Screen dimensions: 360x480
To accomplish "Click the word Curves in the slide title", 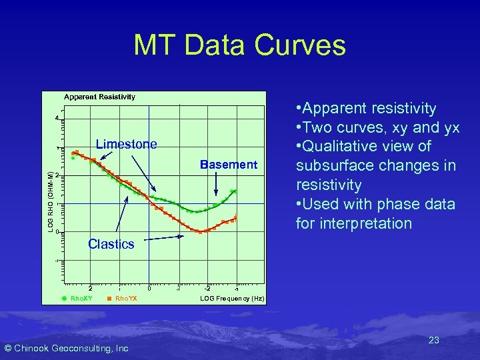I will click(x=299, y=45).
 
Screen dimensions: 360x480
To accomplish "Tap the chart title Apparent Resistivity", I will click(x=100, y=97).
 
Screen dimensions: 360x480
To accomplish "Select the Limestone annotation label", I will click(x=127, y=144).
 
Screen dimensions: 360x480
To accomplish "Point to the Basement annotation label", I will click(x=229, y=165).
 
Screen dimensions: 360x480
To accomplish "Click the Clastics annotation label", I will click(x=111, y=244).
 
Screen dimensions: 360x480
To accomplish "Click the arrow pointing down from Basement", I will click(x=216, y=183).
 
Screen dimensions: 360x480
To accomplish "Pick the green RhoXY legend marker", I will click(x=65, y=299).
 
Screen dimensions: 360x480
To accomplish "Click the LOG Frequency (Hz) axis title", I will click(x=232, y=299).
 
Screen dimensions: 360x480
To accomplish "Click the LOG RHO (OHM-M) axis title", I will click(x=51, y=200).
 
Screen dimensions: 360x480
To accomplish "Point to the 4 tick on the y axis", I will click(x=57, y=119).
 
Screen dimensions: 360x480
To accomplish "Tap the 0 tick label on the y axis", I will click(x=57, y=231).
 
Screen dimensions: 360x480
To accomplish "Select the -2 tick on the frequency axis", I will click(x=207, y=289).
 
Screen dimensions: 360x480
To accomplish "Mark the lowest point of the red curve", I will click(x=201, y=231).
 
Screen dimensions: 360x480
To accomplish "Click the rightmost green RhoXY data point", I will click(x=233, y=191).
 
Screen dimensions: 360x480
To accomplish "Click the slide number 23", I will click(x=433, y=340).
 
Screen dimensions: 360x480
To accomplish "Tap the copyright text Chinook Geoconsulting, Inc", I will click(x=66, y=348).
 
